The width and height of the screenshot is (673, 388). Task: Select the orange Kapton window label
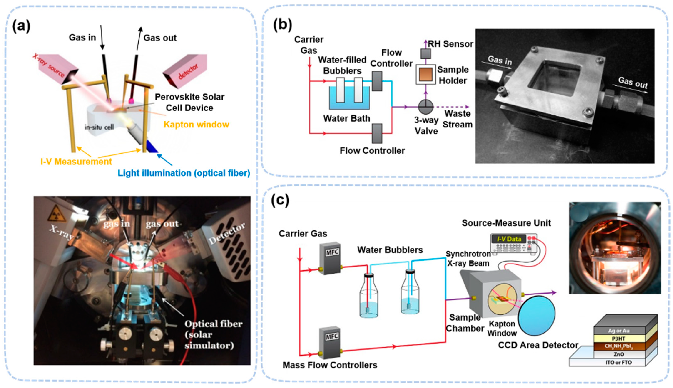(x=196, y=125)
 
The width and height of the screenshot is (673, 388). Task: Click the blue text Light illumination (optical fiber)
(x=184, y=173)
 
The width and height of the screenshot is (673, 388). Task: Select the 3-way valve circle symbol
(x=425, y=107)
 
